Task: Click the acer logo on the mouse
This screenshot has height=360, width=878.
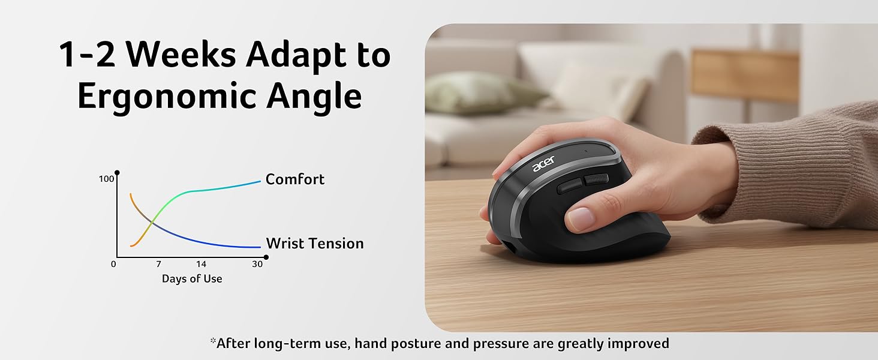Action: (543, 163)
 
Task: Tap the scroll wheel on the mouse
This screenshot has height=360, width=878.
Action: (596, 179)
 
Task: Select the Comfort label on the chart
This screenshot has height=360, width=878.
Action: (294, 179)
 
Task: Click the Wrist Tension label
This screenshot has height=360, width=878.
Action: (315, 244)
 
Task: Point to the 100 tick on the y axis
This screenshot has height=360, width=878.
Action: (106, 179)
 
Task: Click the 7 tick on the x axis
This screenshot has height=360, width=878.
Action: (158, 264)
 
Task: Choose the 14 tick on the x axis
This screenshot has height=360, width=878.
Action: (201, 264)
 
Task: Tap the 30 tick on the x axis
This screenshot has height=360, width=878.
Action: (257, 264)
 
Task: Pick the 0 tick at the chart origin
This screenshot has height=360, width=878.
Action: (114, 264)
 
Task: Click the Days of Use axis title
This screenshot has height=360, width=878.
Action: (192, 279)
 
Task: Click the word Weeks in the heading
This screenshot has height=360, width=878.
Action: (182, 55)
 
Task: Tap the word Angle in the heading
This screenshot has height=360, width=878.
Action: (323, 97)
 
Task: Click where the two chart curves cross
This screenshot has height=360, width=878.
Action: (151, 223)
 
